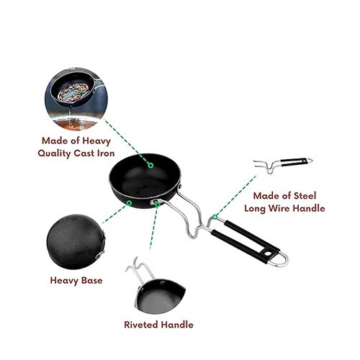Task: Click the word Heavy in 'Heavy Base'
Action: click(x=64, y=281)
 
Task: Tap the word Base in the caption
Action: click(x=92, y=280)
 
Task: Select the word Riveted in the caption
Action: click(x=141, y=325)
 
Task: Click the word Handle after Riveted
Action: click(x=177, y=325)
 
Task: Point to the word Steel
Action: click(x=305, y=196)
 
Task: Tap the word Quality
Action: click(x=54, y=153)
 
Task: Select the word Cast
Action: click(x=84, y=153)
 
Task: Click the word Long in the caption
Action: click(x=255, y=208)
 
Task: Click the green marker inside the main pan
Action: click(x=150, y=166)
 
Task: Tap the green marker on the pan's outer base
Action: click(x=129, y=203)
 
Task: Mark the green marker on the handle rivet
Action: click(x=158, y=204)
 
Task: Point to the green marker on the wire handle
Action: click(x=215, y=217)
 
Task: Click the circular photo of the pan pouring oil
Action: click(x=76, y=99)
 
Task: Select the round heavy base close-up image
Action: click(x=76, y=242)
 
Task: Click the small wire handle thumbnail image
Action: click(x=283, y=166)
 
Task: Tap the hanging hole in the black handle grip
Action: click(x=268, y=253)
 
